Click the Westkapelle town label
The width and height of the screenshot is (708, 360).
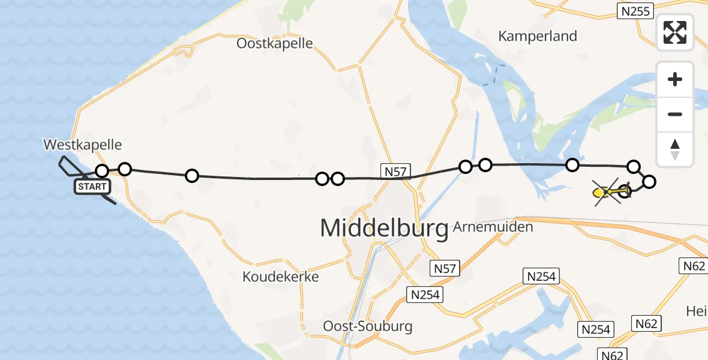point(82,145)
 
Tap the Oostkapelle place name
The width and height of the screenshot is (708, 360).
point(275,43)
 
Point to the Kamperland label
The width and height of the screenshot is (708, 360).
point(538,36)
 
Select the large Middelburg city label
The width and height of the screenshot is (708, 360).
point(384,229)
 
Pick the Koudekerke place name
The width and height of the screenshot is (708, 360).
point(280,277)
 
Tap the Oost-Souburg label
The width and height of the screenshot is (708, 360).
point(368,326)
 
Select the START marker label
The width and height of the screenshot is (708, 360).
point(92,187)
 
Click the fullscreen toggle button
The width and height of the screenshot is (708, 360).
point(675,32)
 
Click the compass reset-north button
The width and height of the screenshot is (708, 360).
point(675,149)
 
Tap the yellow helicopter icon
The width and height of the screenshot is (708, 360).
point(601,193)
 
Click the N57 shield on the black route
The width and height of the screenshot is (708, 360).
point(396,172)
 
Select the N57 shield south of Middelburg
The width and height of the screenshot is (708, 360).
point(445,268)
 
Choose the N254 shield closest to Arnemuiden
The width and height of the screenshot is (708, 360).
point(542,277)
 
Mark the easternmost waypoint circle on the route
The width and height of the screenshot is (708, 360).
point(649,181)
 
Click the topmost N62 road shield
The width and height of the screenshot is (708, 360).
point(692,266)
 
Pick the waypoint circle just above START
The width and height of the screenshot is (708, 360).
point(102,172)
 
